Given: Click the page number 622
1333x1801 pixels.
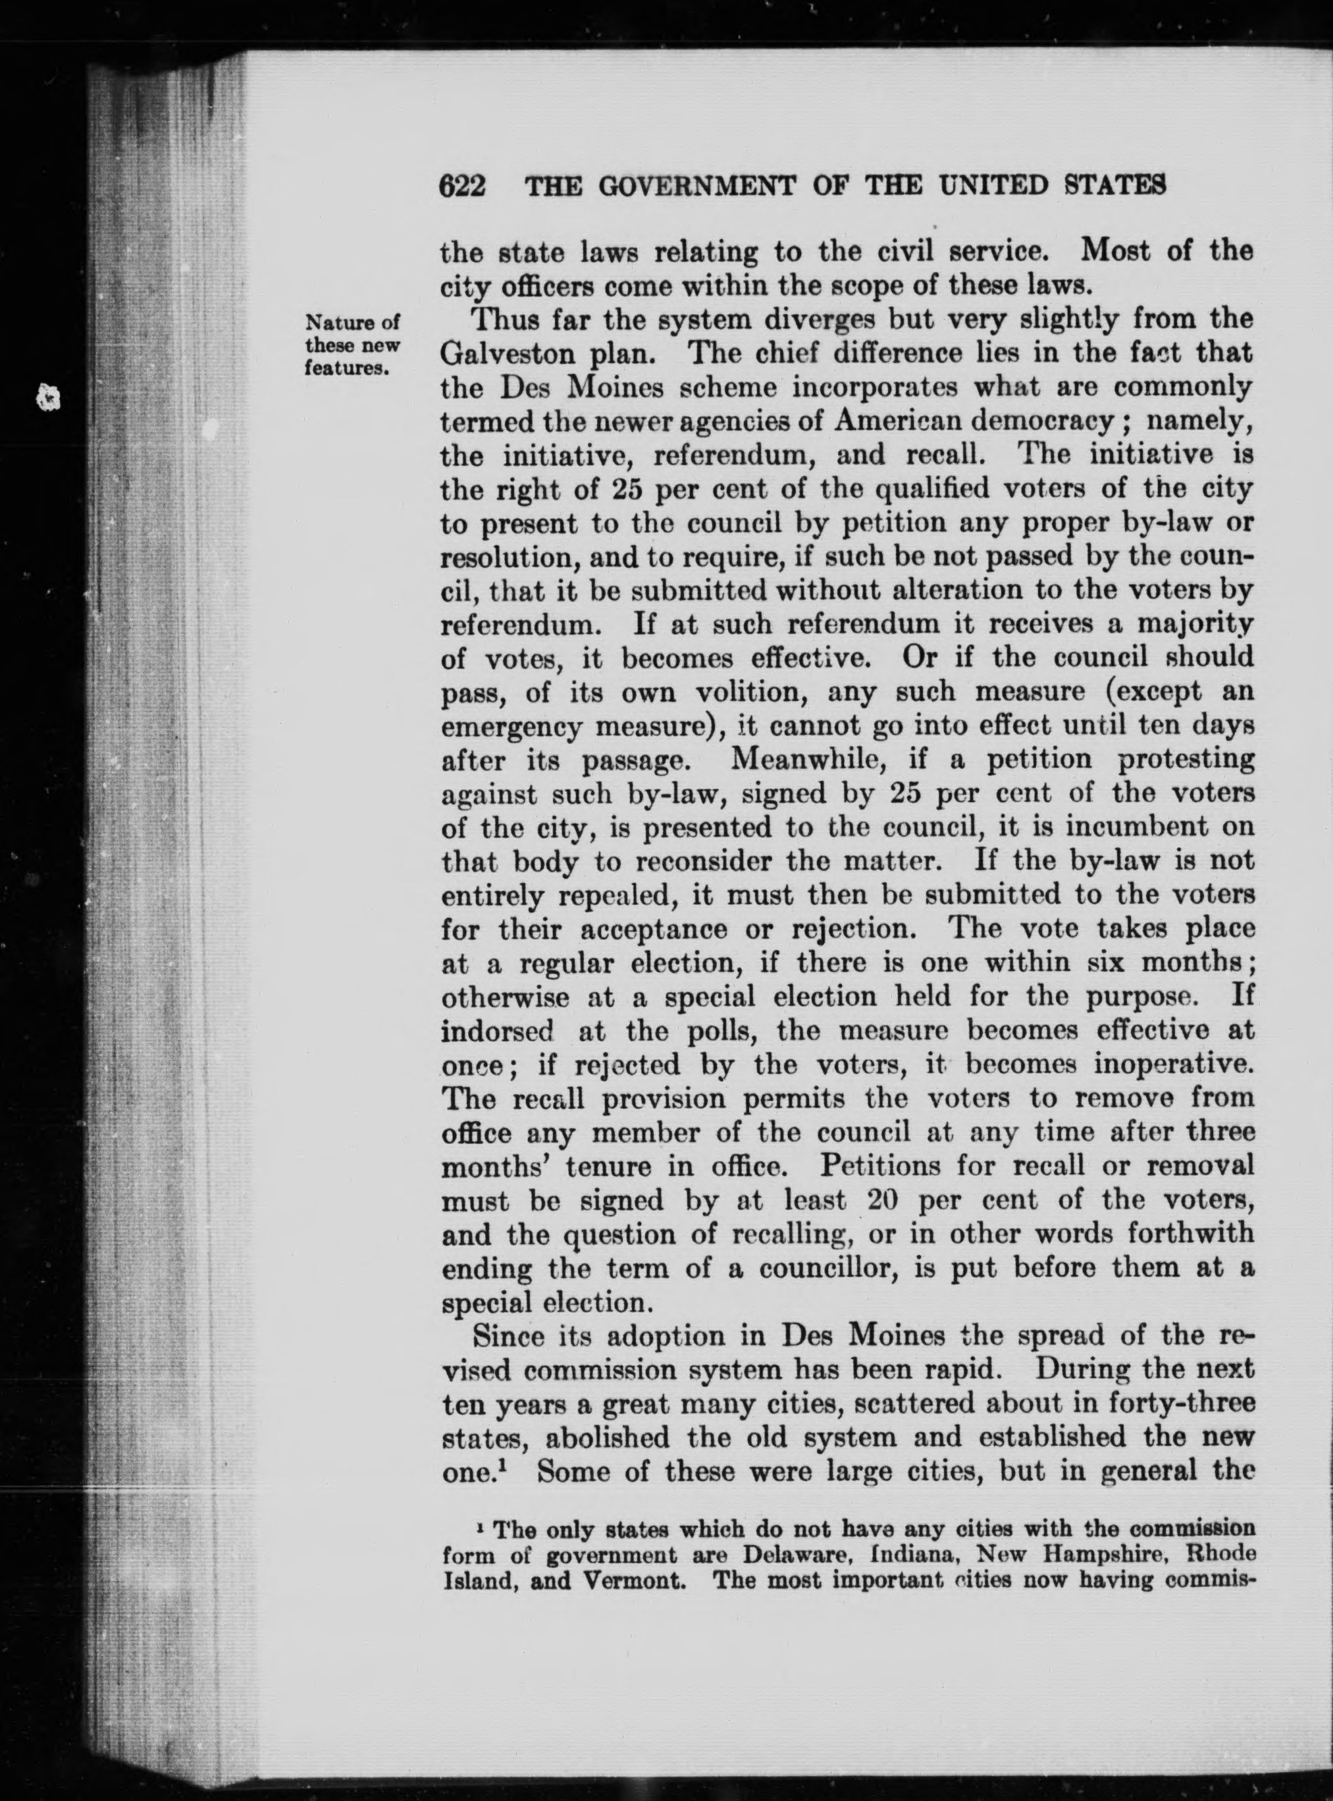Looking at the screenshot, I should click(x=462, y=186).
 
